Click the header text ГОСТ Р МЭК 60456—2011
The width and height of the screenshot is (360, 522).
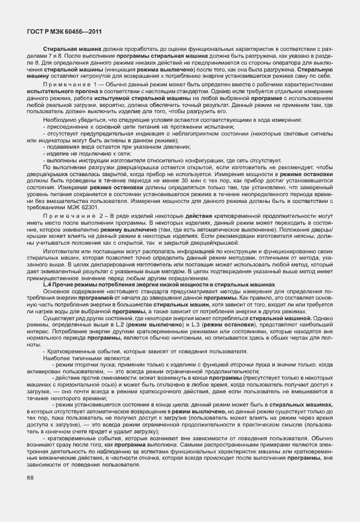pos(61,31)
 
